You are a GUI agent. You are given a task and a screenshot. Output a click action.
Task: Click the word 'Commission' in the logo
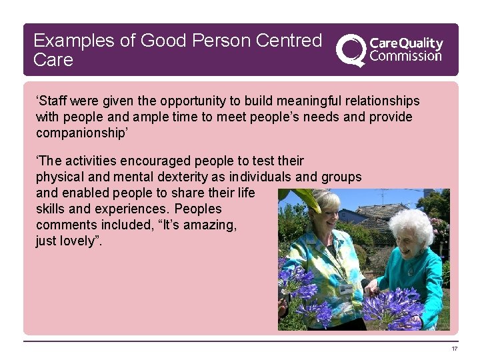(405, 56)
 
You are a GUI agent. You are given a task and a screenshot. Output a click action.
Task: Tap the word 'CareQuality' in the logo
(405, 43)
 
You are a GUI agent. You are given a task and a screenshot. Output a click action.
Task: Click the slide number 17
(455, 349)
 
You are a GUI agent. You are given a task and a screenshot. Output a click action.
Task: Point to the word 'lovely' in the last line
(79, 241)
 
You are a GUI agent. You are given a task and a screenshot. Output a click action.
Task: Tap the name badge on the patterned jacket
(345, 288)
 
